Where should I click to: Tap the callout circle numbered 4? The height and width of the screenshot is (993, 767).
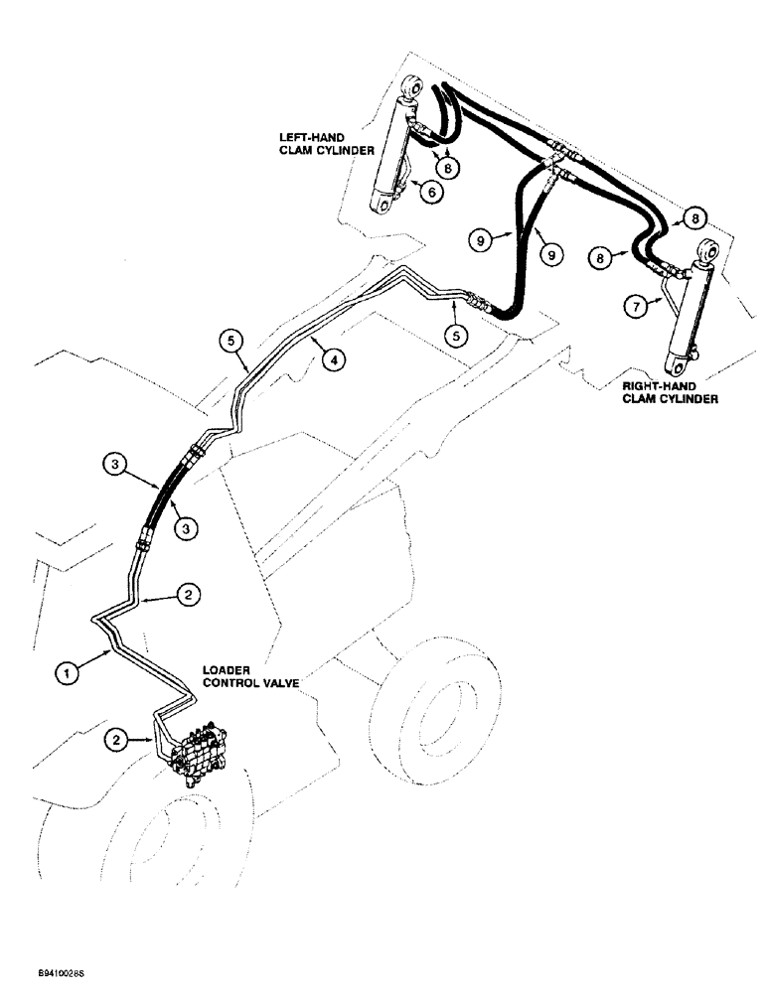[337, 362]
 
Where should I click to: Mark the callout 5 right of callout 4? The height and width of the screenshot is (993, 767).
[456, 336]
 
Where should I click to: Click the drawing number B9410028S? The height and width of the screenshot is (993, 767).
[45, 975]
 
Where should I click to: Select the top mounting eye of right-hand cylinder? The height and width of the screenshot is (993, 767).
[709, 250]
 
